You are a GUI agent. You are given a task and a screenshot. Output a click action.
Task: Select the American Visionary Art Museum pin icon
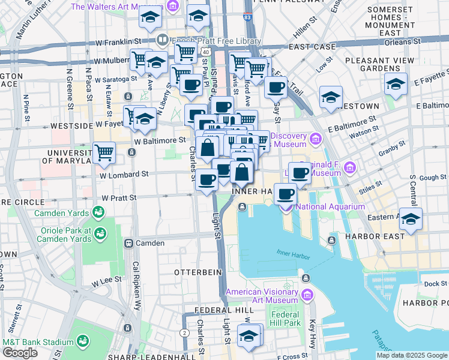(308, 295)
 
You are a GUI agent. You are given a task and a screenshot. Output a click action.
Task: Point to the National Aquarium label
(330, 207)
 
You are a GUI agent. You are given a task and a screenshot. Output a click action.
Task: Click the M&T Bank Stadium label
(37, 342)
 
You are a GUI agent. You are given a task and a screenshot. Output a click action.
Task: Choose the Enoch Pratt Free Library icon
(161, 40)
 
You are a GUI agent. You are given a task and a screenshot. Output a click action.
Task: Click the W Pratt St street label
(119, 197)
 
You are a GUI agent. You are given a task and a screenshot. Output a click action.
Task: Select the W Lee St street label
(107, 280)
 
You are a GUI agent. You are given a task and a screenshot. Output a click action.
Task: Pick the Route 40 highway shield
(206, 52)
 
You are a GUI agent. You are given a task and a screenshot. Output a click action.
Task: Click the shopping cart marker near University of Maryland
(104, 152)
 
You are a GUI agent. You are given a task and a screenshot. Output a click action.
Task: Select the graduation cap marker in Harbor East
(411, 220)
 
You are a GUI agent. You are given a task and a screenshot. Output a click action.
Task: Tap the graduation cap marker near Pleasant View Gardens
(396, 85)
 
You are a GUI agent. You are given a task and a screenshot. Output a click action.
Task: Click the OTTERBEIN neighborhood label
(198, 272)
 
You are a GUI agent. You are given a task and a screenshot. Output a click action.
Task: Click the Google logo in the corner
(20, 353)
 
